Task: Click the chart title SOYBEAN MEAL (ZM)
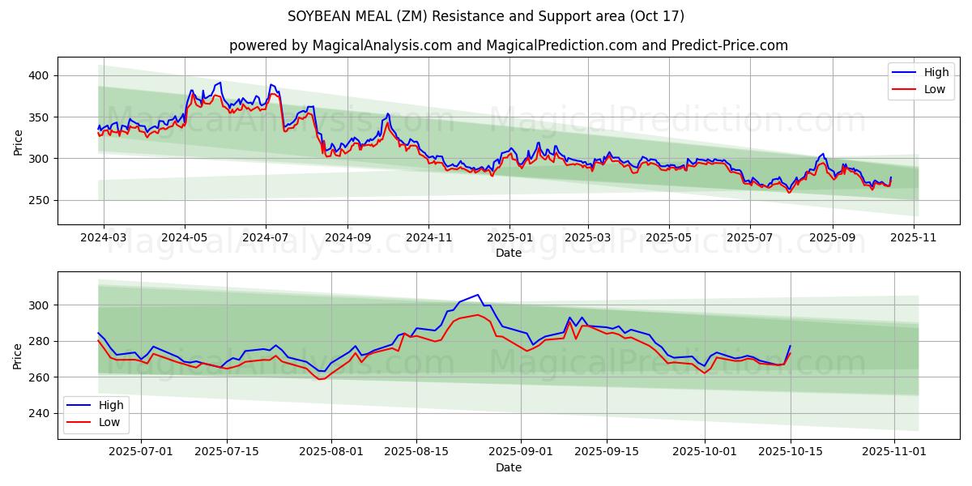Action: point(486,16)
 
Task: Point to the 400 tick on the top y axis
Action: point(39,75)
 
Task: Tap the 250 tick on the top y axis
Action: point(39,200)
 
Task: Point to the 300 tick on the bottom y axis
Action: point(39,305)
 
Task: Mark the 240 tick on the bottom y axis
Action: point(39,413)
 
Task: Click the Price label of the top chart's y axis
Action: point(18,142)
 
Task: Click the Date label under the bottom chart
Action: point(509,467)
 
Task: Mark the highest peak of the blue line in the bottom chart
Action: point(478,295)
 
